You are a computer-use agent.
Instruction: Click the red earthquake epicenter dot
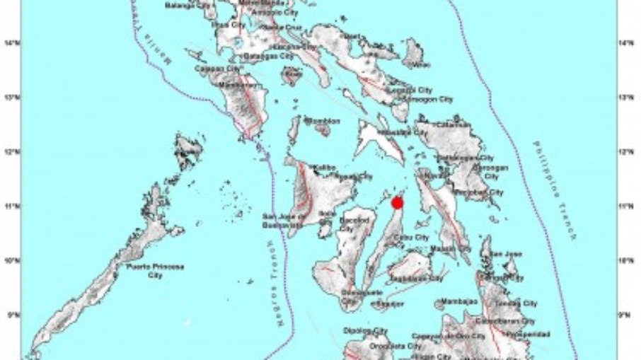pyautogui.click(x=397, y=202)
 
